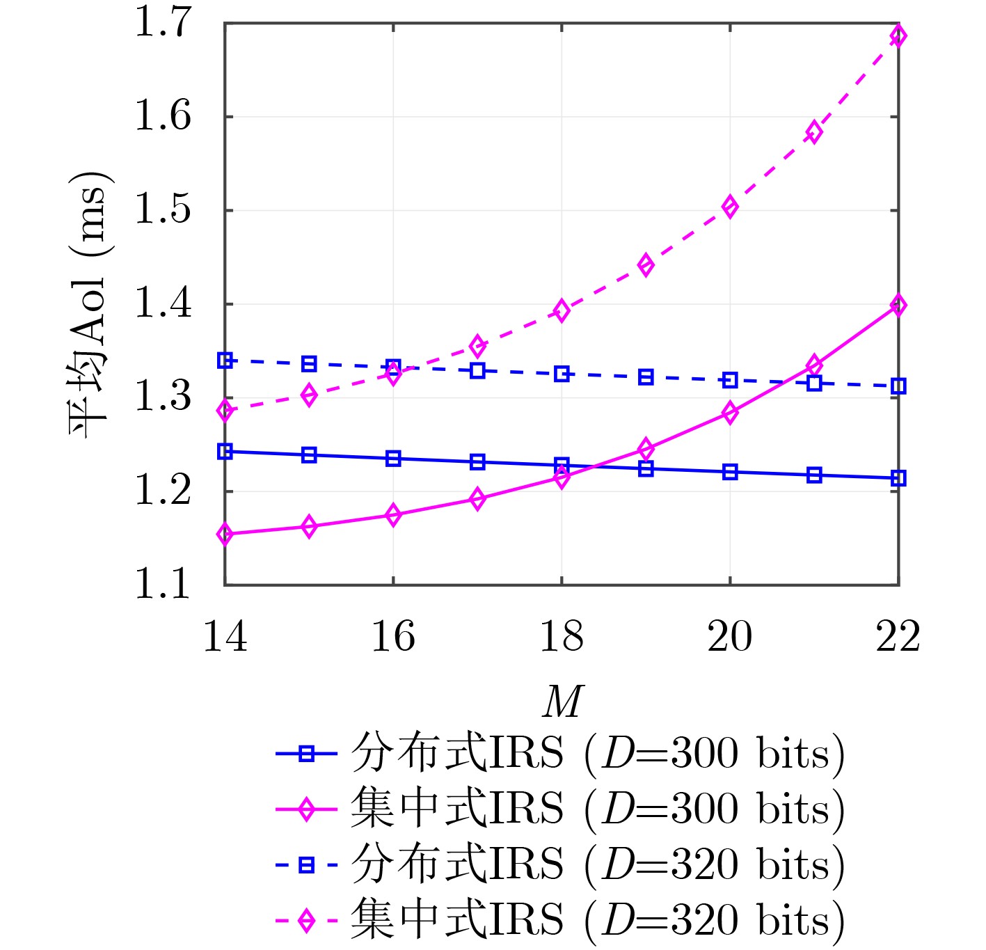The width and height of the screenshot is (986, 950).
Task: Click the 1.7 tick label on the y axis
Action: [162, 24]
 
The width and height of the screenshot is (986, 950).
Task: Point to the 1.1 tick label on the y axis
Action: [162, 585]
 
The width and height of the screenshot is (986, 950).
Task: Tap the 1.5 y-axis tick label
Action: [162, 210]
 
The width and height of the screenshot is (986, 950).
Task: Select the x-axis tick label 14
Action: [225, 637]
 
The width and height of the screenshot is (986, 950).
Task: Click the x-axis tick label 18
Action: [562, 637]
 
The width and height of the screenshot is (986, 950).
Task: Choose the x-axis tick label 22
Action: [898, 637]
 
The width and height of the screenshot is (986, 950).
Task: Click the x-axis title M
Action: [562, 702]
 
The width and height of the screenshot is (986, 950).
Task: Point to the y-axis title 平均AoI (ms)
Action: [89, 303]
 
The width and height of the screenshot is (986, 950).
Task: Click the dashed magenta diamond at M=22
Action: [898, 35]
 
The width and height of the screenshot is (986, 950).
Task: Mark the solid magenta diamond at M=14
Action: [225, 535]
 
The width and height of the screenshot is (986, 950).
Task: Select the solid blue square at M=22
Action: [898, 478]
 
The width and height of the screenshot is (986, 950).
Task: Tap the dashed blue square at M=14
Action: [225, 361]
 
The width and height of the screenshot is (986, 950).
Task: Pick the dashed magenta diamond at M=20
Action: [730, 207]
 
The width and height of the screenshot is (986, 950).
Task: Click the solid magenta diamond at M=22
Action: [898, 305]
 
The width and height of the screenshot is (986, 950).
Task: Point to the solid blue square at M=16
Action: [393, 459]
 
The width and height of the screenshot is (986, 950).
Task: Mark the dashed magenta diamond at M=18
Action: [562, 310]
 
